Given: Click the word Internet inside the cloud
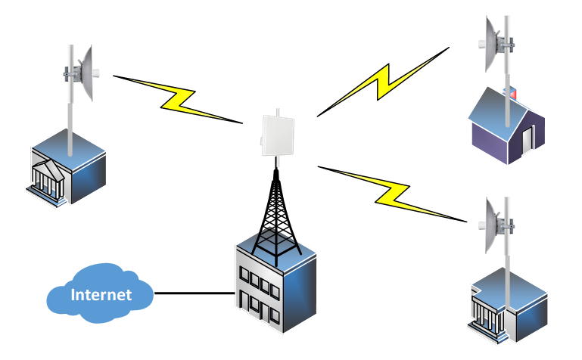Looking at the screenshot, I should [101, 294].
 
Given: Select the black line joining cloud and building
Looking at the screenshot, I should [194, 293].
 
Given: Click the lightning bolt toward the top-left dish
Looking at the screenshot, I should [179, 98].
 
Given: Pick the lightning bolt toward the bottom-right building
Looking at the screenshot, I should [390, 192].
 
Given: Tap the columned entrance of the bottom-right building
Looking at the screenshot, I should [485, 312].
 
